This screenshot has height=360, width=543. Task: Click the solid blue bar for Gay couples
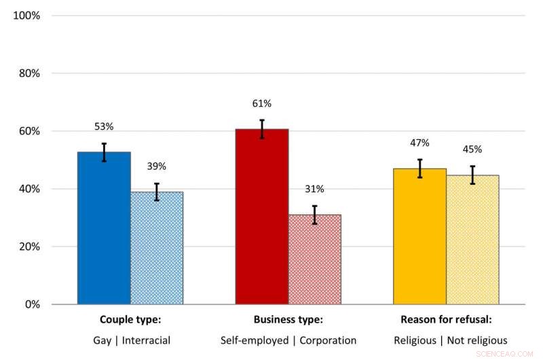point(104,228)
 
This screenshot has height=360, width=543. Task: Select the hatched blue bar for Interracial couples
point(157,248)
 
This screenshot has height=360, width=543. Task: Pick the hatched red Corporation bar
point(314,259)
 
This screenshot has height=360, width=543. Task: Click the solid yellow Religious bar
point(420,236)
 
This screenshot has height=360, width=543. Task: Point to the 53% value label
point(104,126)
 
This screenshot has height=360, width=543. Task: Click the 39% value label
point(157,166)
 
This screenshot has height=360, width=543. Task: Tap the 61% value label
point(262,103)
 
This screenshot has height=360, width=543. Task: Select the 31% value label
point(314,189)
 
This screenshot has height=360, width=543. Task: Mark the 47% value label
point(420,143)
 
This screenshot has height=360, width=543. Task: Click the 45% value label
point(472,149)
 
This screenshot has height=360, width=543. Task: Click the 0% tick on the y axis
point(32,304)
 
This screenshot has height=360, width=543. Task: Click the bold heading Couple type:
point(130,320)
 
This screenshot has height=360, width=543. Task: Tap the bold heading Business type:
point(288,320)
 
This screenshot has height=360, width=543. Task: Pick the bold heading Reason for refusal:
point(446,320)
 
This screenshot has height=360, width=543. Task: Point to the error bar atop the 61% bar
point(262,129)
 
